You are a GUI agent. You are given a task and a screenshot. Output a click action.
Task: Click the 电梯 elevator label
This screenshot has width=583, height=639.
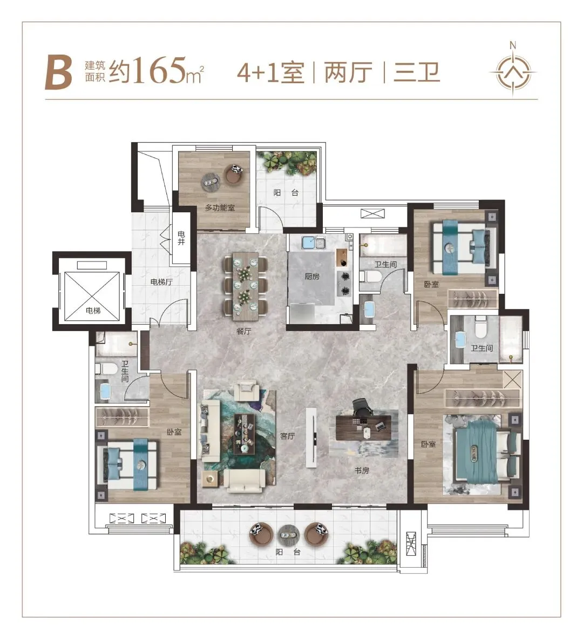tap(93, 311)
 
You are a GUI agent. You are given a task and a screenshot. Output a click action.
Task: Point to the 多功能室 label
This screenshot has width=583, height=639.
tap(220, 208)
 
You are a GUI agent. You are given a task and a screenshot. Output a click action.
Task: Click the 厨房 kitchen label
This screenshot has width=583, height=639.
tap(312, 277)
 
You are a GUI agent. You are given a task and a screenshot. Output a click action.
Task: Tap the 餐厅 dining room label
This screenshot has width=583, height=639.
tap(243, 331)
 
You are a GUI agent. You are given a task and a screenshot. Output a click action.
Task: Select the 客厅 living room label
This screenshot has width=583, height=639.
tap(287, 436)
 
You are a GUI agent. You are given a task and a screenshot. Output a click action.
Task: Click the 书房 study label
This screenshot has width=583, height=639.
tap(362, 470)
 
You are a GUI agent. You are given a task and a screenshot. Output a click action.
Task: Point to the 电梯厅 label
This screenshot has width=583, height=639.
tap(161, 282)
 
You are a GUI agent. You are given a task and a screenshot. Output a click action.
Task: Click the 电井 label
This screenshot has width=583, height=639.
tap(181, 238)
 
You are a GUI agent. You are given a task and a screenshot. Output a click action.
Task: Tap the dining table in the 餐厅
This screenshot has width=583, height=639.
tap(245, 285)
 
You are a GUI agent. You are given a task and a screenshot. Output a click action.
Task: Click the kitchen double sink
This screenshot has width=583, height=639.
tap(313, 243)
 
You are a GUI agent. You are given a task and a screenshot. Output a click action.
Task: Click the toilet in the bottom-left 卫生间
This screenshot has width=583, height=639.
tap(105, 369)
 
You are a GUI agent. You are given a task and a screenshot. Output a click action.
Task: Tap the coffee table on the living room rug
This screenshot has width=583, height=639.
tap(245, 434)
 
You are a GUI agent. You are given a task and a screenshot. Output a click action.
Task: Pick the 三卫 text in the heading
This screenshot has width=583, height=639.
tap(417, 72)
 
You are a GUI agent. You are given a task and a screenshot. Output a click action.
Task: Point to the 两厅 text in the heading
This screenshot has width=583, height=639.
tap(348, 72)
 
